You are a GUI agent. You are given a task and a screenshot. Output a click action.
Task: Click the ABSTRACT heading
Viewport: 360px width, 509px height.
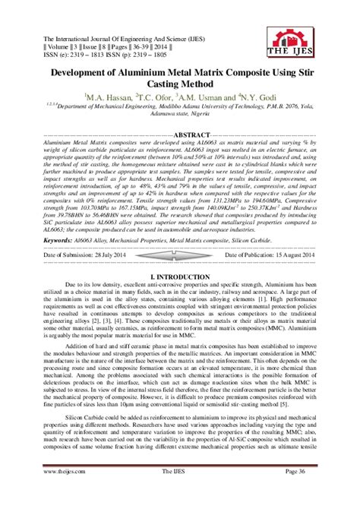coord(181,134)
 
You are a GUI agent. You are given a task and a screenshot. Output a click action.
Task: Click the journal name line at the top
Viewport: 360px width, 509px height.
coord(130,37)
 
